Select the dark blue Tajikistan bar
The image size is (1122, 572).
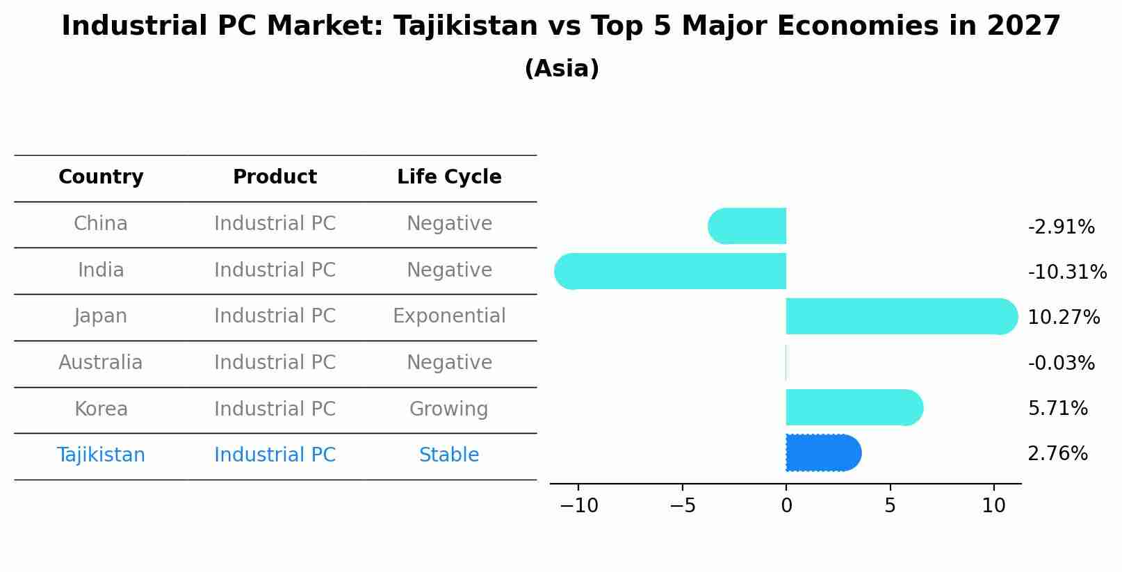(823, 453)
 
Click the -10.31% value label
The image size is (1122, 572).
(1066, 272)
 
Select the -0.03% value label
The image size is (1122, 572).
(1061, 363)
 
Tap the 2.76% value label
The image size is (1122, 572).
(1057, 454)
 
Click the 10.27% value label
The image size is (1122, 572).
(1063, 318)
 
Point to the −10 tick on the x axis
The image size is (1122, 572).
(578, 506)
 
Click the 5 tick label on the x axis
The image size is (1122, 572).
(890, 506)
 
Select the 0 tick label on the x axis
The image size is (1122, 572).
(786, 506)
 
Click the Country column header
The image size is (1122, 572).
(101, 177)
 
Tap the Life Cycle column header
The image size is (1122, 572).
(449, 177)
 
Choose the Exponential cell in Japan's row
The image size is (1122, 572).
(449, 316)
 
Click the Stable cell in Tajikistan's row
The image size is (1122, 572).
(449, 455)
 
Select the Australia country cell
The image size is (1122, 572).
(101, 363)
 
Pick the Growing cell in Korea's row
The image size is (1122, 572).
(449, 409)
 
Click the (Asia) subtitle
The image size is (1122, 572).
(562, 69)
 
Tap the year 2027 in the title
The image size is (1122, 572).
(1023, 26)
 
